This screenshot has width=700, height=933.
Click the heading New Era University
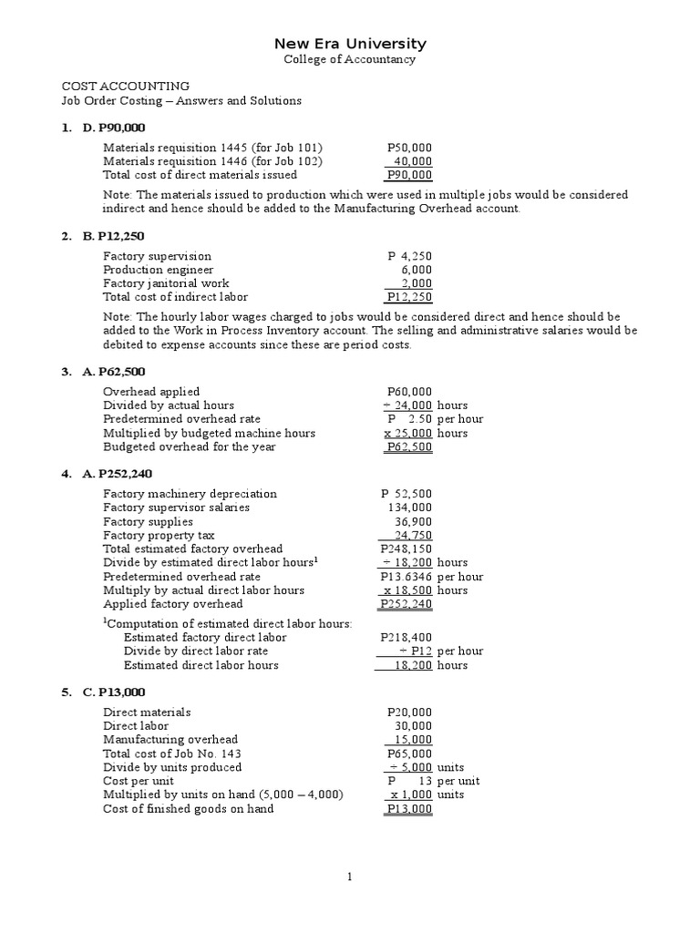350,44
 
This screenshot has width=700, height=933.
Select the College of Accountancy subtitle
350,59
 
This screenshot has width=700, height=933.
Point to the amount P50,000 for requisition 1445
409,148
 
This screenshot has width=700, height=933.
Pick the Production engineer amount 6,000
417,270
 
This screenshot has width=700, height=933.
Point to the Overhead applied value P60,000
409,392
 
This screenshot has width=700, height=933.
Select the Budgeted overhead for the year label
189,446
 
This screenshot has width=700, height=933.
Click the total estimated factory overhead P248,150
407,549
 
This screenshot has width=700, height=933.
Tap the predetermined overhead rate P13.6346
407,577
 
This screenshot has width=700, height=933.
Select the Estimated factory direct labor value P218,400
407,638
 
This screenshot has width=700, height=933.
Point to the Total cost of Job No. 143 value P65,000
409,754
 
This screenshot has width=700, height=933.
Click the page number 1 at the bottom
350,877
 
